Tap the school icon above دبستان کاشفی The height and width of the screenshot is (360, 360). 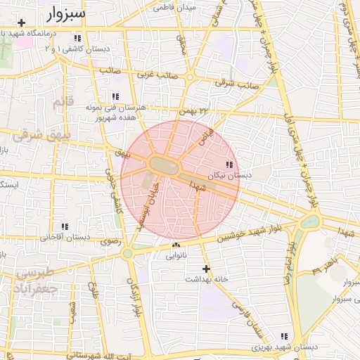coord(77,38)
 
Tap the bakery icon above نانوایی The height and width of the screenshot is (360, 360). coord(176,245)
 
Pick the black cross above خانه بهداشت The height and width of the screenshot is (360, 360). coord(206,269)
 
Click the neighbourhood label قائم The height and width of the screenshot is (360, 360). coord(63,104)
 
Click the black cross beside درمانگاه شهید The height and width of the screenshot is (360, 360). coord(22,23)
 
